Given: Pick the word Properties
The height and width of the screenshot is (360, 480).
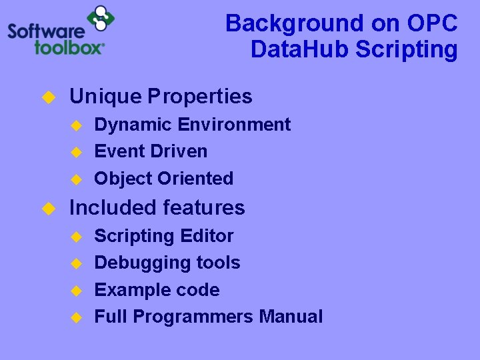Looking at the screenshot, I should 200,97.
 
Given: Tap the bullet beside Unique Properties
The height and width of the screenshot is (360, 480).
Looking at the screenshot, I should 48,97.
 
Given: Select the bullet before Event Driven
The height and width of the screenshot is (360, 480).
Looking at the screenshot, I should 76,152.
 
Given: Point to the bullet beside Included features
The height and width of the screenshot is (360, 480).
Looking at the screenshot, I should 48,209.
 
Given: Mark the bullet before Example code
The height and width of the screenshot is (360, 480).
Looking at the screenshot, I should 76,291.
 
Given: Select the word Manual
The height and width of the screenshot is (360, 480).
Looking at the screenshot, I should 291,317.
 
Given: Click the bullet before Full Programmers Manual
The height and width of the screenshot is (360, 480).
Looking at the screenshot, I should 76,317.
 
